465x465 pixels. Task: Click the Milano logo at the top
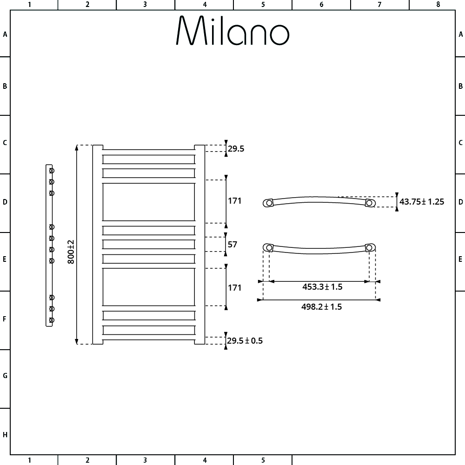[232, 31]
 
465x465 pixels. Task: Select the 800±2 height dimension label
[71, 252]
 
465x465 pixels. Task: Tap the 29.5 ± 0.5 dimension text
[245, 341]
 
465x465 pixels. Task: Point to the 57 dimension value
[232, 245]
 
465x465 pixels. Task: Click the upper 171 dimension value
[234, 201]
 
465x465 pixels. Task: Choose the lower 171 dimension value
[234, 288]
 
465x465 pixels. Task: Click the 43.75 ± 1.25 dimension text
[422, 202]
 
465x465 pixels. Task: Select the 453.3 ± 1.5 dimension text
[322, 287]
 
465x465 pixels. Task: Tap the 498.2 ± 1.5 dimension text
[322, 306]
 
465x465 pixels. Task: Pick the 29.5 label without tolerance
[236, 149]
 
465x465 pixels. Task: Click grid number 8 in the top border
[438, 5]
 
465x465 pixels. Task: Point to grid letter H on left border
[5, 435]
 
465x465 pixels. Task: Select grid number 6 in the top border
[321, 5]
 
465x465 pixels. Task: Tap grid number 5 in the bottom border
[263, 460]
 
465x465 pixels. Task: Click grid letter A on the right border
[460, 34]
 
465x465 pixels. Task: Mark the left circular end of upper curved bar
[269, 203]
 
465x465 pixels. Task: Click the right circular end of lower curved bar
[370, 248]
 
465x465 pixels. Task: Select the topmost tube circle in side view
[52, 171]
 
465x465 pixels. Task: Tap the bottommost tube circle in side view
[52, 320]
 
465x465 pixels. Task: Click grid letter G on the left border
[5, 376]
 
